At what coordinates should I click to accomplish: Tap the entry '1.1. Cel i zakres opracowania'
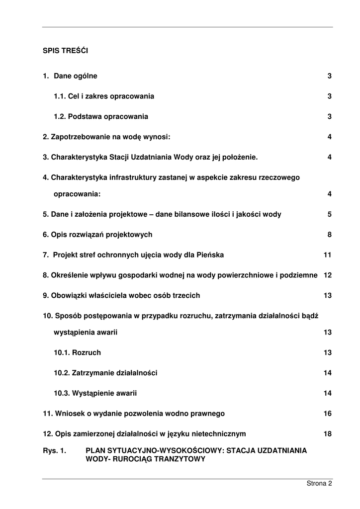[x=104, y=96]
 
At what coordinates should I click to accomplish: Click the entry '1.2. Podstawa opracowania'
[x=101, y=117]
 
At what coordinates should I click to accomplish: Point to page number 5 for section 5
[x=329, y=215]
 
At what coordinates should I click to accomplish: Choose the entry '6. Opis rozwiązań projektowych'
[x=97, y=235]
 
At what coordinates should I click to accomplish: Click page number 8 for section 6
[x=329, y=235]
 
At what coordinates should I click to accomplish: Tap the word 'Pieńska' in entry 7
[x=211, y=255]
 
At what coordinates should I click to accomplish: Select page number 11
[x=327, y=255]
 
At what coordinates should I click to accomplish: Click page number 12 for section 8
[x=327, y=275]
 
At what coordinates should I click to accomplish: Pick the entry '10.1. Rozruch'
[x=77, y=353]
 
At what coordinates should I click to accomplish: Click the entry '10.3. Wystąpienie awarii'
[x=95, y=393]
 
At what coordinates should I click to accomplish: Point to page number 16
[x=327, y=414]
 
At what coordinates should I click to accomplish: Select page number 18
[x=327, y=434]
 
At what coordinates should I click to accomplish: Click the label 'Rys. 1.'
[x=55, y=450]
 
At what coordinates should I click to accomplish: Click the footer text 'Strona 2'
[x=319, y=483]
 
